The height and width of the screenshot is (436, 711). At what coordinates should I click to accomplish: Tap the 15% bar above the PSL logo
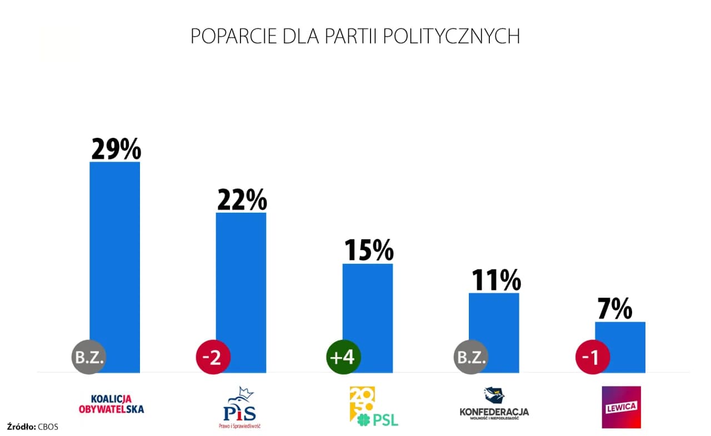368,311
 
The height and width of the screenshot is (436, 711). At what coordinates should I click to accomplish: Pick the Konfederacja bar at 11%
494,328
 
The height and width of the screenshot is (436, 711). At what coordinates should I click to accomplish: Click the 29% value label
116,148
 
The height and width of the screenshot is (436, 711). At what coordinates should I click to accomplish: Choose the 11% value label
495,280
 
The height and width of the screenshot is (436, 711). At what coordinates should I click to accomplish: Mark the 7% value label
614,309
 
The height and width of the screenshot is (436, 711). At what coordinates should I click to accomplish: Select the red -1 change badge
593,357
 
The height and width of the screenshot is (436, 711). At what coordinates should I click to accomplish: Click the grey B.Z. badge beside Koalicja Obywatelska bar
88,357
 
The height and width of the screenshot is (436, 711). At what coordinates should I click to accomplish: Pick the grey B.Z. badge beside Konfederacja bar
472,357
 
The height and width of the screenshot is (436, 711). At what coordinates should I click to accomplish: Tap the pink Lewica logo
621,407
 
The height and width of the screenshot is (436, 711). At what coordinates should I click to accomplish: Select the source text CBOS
48,427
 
